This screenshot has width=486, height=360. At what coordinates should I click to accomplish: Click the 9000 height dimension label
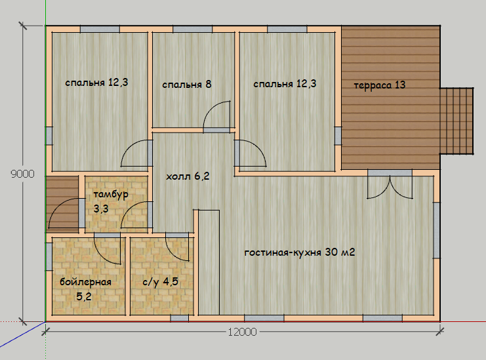pyautogui.click(x=22, y=174)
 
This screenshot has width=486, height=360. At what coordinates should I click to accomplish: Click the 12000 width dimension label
pyautogui.click(x=243, y=332)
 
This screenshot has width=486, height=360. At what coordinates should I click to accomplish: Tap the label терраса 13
pyautogui.click(x=380, y=85)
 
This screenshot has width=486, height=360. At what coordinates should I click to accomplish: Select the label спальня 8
pyautogui.click(x=186, y=85)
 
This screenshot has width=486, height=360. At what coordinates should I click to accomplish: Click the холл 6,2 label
pyautogui.click(x=188, y=176)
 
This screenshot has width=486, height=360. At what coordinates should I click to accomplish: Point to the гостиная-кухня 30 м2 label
pyautogui.click(x=300, y=252)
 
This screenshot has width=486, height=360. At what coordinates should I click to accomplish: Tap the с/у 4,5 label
pyautogui.click(x=160, y=281)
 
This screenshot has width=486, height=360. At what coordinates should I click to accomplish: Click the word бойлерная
pyautogui.click(x=85, y=282)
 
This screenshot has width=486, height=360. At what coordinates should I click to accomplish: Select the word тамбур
pyautogui.click(x=111, y=195)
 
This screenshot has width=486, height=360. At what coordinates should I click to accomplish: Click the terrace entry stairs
pyautogui.click(x=456, y=121)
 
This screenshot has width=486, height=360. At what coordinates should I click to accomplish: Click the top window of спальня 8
pyautogui.click(x=192, y=30)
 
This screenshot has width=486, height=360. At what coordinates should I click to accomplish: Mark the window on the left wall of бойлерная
pyautogui.click(x=49, y=257)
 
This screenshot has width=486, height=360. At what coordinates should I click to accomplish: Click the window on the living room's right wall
pyautogui.click(x=436, y=230)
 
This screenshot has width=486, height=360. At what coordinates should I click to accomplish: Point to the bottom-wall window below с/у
pyautogui.click(x=180, y=318)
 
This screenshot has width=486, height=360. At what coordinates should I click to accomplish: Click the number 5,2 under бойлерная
pyautogui.click(x=84, y=296)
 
